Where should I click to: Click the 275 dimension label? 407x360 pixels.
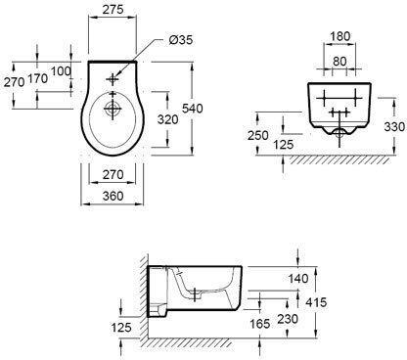pyautogui.click(x=113, y=9)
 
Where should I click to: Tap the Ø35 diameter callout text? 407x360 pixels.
pyautogui.click(x=181, y=40)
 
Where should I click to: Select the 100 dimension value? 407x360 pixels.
pyautogui.click(x=61, y=70)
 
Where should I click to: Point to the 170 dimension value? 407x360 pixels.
pyautogui.click(x=38, y=78)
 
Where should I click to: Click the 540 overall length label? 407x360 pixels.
pyautogui.click(x=192, y=109)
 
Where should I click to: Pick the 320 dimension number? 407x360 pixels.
pyautogui.click(x=168, y=119)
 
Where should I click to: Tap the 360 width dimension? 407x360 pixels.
pyautogui.click(x=113, y=196)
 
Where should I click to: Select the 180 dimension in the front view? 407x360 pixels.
pyautogui.click(x=340, y=36)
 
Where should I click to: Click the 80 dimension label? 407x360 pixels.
pyautogui.click(x=339, y=61)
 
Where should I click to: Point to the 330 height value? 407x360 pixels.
pyautogui.click(x=394, y=126)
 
